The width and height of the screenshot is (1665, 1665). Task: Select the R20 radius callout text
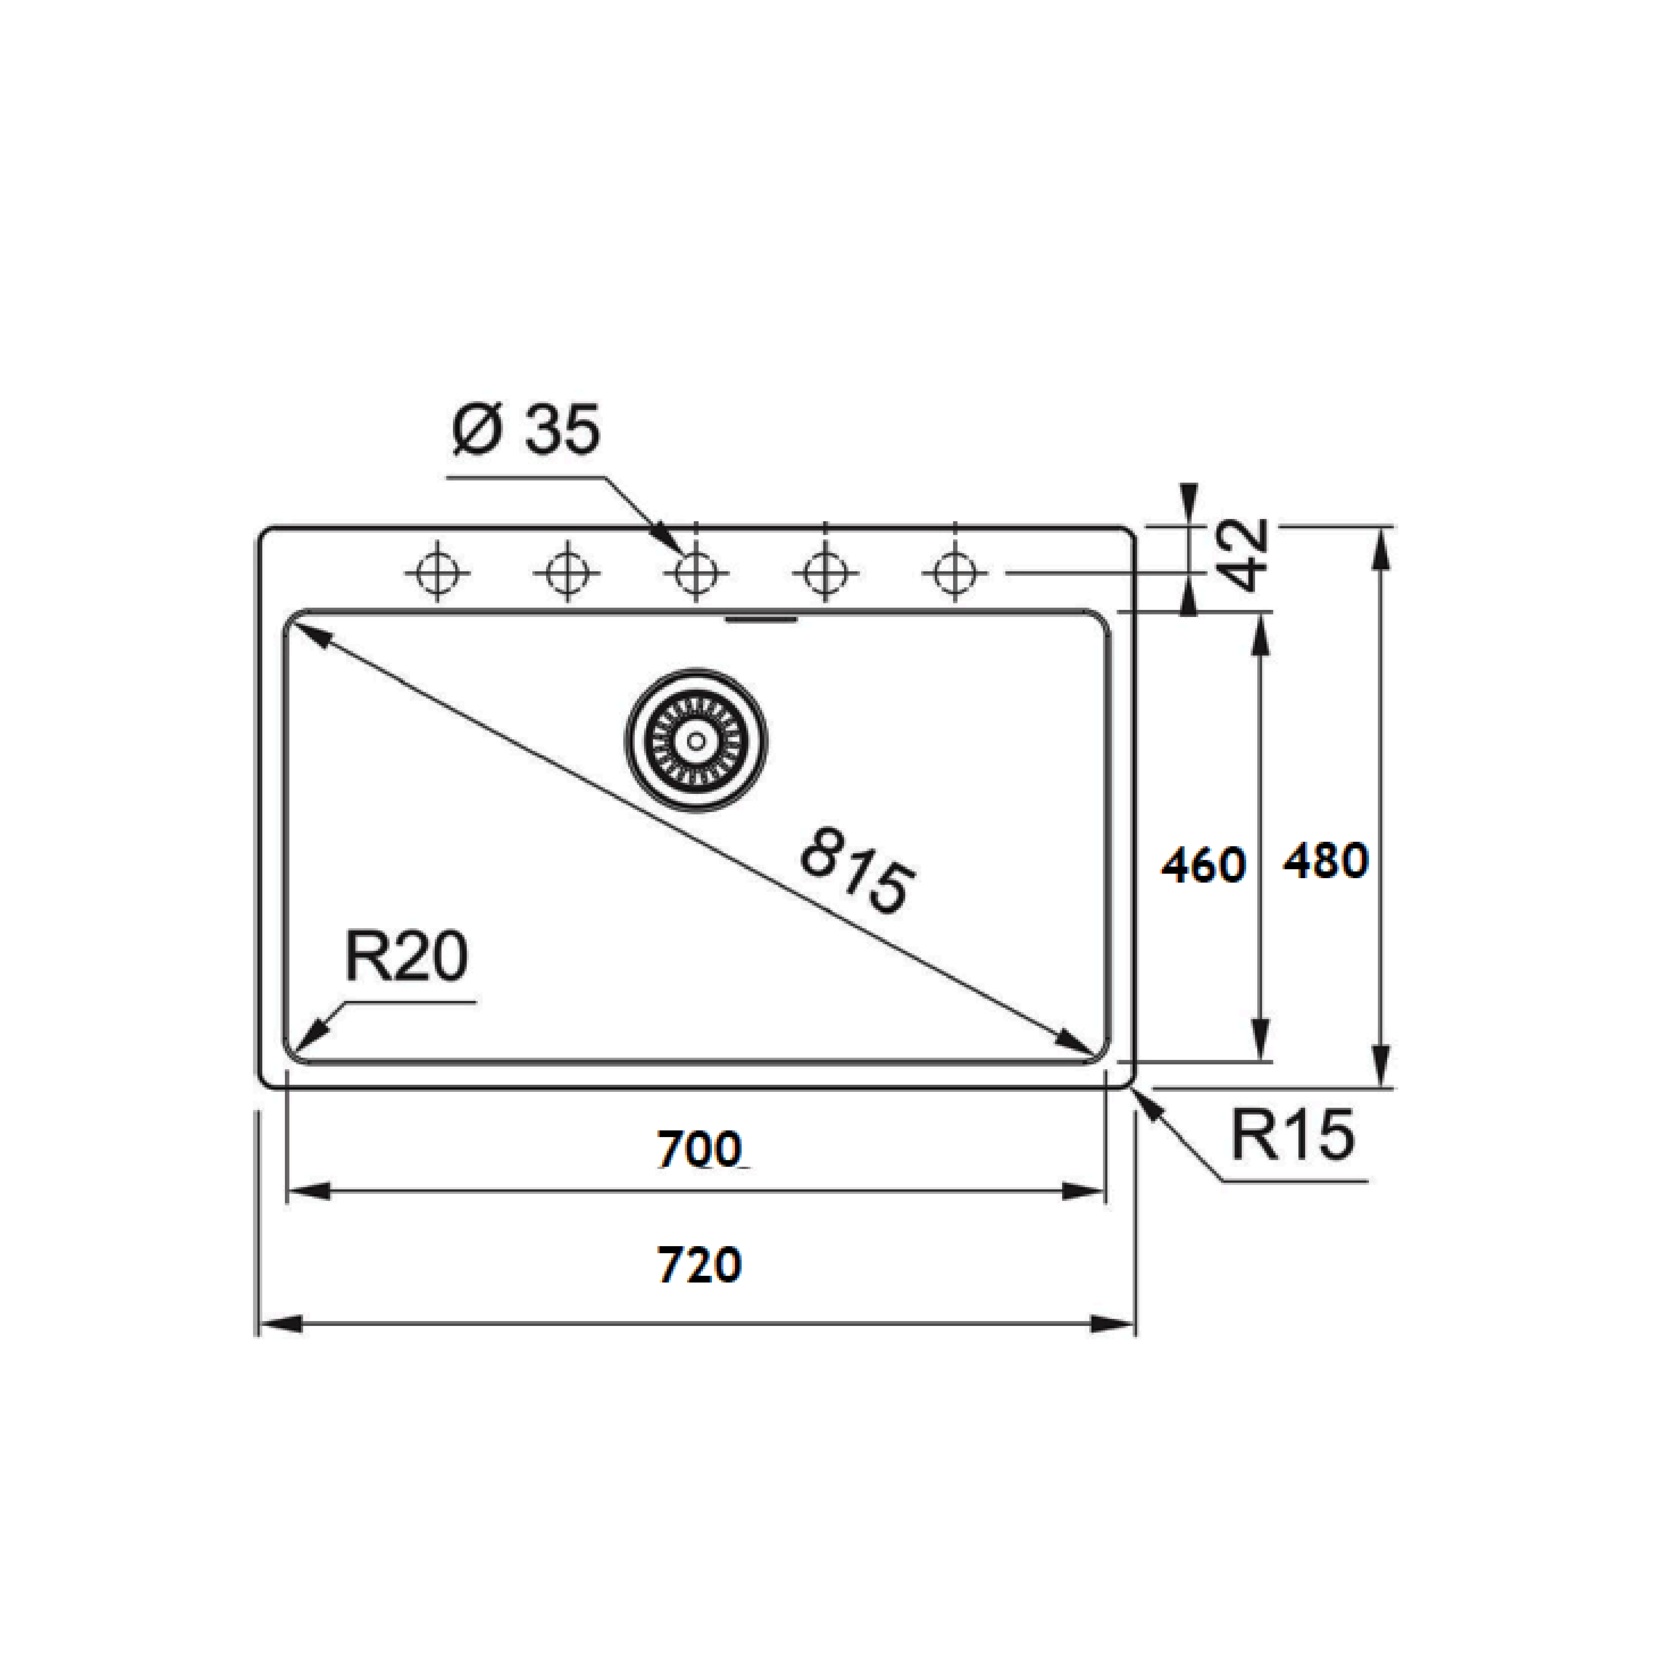point(406,958)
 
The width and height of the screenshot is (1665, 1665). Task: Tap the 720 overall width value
point(699,1265)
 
